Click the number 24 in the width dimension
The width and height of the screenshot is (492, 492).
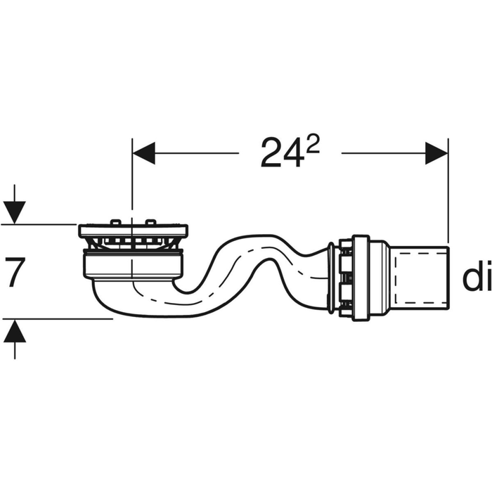pyautogui.click(x=281, y=153)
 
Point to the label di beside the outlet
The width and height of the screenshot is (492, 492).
pyautogui.click(x=475, y=278)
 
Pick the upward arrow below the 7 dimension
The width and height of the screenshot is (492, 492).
pyautogui.click(x=14, y=331)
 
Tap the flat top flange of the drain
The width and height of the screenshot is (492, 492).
pyautogui.click(x=133, y=231)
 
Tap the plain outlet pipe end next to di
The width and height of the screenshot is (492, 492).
pyautogui.click(x=420, y=278)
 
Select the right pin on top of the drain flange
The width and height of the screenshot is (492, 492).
pyautogui.click(x=149, y=223)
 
